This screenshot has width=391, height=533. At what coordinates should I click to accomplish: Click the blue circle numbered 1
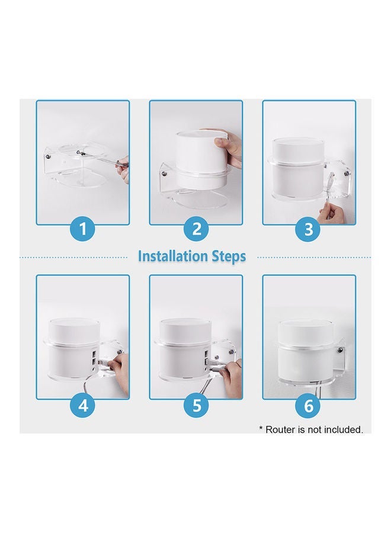click(x=83, y=229)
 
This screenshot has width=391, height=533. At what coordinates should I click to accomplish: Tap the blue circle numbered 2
click(x=196, y=229)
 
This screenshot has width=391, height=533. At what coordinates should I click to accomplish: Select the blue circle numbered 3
click(x=309, y=229)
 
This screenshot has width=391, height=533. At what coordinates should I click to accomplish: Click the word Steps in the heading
click(x=229, y=256)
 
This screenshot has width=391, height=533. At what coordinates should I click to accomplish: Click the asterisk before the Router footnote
click(x=261, y=428)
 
